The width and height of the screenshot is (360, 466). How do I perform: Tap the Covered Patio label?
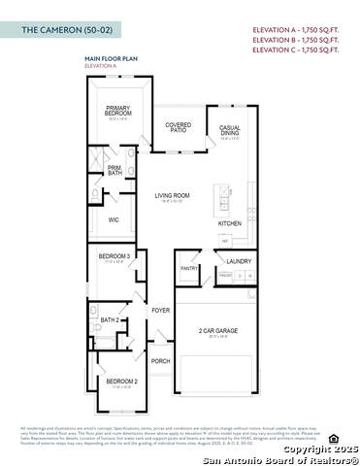coord(178,127)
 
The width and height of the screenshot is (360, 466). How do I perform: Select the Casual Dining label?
coord(230,130)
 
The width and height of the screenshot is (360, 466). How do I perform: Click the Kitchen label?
coord(230,223)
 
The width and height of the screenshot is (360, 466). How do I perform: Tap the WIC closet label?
coord(114,220)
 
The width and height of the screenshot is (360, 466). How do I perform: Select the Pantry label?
coord(189,268)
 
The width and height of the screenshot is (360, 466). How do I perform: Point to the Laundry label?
coord(239,261)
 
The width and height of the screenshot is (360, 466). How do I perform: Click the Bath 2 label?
coord(111,319)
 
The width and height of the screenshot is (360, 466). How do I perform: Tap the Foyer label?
coord(160,311)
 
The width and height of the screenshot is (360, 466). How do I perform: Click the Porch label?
coord(161,360)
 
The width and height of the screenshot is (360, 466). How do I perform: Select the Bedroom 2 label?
coord(119,382)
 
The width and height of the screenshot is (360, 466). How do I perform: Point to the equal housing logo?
coord(334,438)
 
